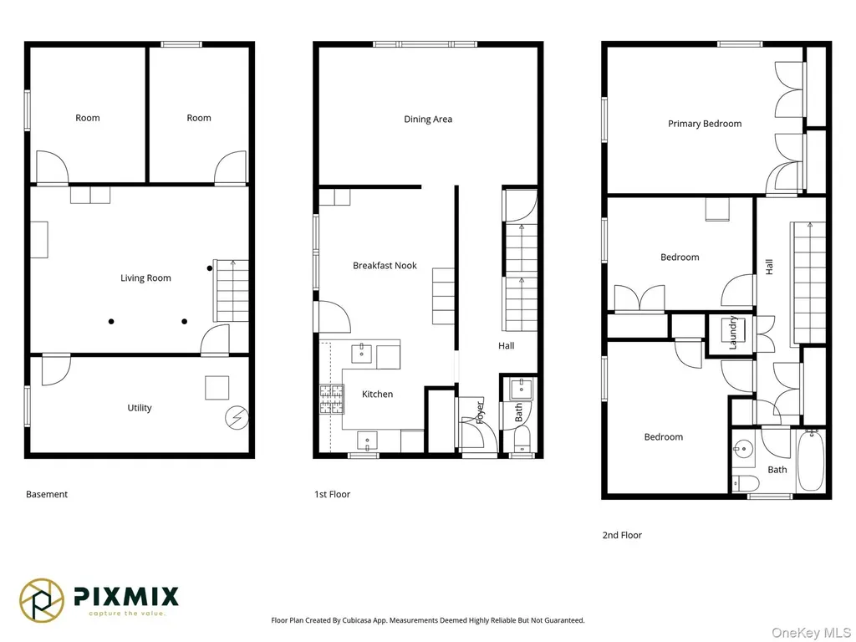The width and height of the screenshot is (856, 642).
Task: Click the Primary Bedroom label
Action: pos(704,124)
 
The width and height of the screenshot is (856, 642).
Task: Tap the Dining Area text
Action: pos(428,120)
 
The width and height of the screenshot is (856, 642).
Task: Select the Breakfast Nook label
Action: pos(385,265)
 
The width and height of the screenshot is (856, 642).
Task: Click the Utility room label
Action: pos(140,408)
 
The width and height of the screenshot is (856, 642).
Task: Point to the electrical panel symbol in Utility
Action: pos(237,418)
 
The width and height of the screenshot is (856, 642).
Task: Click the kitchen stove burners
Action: pos(332,399)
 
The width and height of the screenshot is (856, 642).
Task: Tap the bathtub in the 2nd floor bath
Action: pos(811,461)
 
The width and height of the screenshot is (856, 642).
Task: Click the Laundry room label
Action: pos(732,333)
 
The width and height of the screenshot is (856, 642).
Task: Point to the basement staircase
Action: pos(231,290)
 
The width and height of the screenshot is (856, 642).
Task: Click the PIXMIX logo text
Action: pos(126,596)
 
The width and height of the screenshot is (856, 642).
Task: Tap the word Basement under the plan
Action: pos(47,494)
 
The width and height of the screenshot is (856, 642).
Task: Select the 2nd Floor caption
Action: pos(622,535)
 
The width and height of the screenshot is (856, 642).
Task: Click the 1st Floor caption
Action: pos(332,494)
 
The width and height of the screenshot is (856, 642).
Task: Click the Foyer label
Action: pos(480,413)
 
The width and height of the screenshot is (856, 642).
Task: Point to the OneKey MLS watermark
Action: pos(811,633)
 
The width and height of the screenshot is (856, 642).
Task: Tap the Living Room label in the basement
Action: pos(145,278)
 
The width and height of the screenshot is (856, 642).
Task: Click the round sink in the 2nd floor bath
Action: pos(743,450)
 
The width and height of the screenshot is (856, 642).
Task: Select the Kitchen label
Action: pos(377,395)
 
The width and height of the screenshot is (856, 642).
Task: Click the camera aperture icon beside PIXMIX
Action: pos(42,600)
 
